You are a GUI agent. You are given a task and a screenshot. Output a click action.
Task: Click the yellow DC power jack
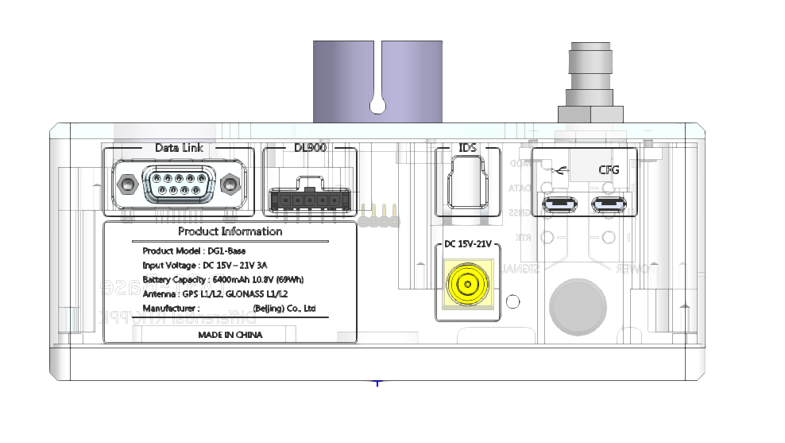(468, 286)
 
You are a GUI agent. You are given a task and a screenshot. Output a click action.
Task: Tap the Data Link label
(179, 148)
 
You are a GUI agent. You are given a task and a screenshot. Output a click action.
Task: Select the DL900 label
(309, 148)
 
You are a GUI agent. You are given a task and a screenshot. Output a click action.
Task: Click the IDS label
(467, 149)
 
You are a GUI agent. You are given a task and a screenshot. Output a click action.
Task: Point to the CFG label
(608, 169)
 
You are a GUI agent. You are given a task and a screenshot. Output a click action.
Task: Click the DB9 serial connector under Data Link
(177, 185)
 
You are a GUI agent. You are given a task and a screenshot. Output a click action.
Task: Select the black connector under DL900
(309, 199)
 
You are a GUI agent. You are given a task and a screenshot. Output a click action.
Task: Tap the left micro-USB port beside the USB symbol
(560, 204)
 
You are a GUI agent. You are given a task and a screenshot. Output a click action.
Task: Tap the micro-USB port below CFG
(609, 204)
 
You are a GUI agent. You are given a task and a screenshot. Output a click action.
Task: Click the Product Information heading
(230, 232)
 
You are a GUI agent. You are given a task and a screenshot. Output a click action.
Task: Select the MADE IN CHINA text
(230, 335)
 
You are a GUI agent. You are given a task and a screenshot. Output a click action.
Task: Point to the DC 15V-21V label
(468, 244)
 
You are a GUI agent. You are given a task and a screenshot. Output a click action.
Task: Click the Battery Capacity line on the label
(222, 279)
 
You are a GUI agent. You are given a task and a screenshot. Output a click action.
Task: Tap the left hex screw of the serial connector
(126, 185)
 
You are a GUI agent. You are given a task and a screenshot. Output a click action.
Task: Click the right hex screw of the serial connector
(230, 185)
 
